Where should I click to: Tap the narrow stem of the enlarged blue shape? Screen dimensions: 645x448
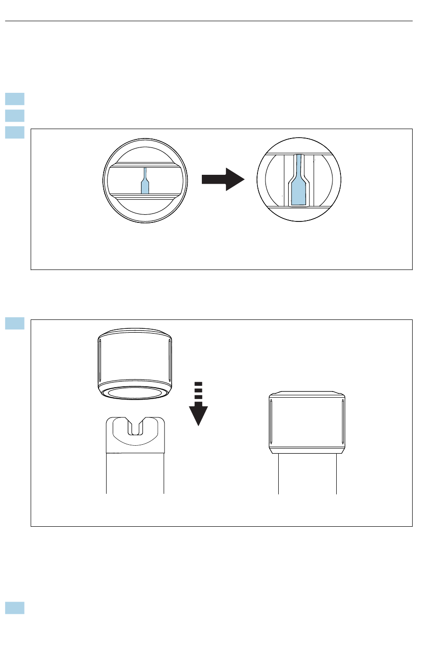click(298, 165)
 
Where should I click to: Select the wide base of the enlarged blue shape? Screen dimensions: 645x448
click(298, 193)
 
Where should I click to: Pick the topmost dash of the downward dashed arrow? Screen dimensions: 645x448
click(199, 384)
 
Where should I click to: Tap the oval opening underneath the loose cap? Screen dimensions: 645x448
click(135, 393)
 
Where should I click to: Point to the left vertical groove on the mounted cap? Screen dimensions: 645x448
click(271, 422)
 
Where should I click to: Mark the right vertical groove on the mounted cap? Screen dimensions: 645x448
click(342, 422)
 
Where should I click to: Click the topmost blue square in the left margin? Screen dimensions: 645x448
click(15, 99)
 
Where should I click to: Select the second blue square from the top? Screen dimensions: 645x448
click(15, 115)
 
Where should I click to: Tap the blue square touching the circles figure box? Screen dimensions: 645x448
click(15, 132)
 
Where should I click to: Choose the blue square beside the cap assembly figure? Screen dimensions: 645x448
click(15, 323)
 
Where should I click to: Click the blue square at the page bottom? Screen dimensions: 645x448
click(15, 608)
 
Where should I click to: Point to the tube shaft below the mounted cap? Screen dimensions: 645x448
click(307, 474)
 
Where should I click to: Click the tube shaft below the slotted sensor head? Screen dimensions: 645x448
click(135, 474)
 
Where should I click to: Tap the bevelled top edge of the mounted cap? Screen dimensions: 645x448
click(307, 393)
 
